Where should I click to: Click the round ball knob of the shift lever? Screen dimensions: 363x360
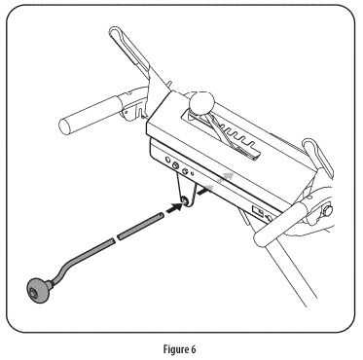click(201, 103)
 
